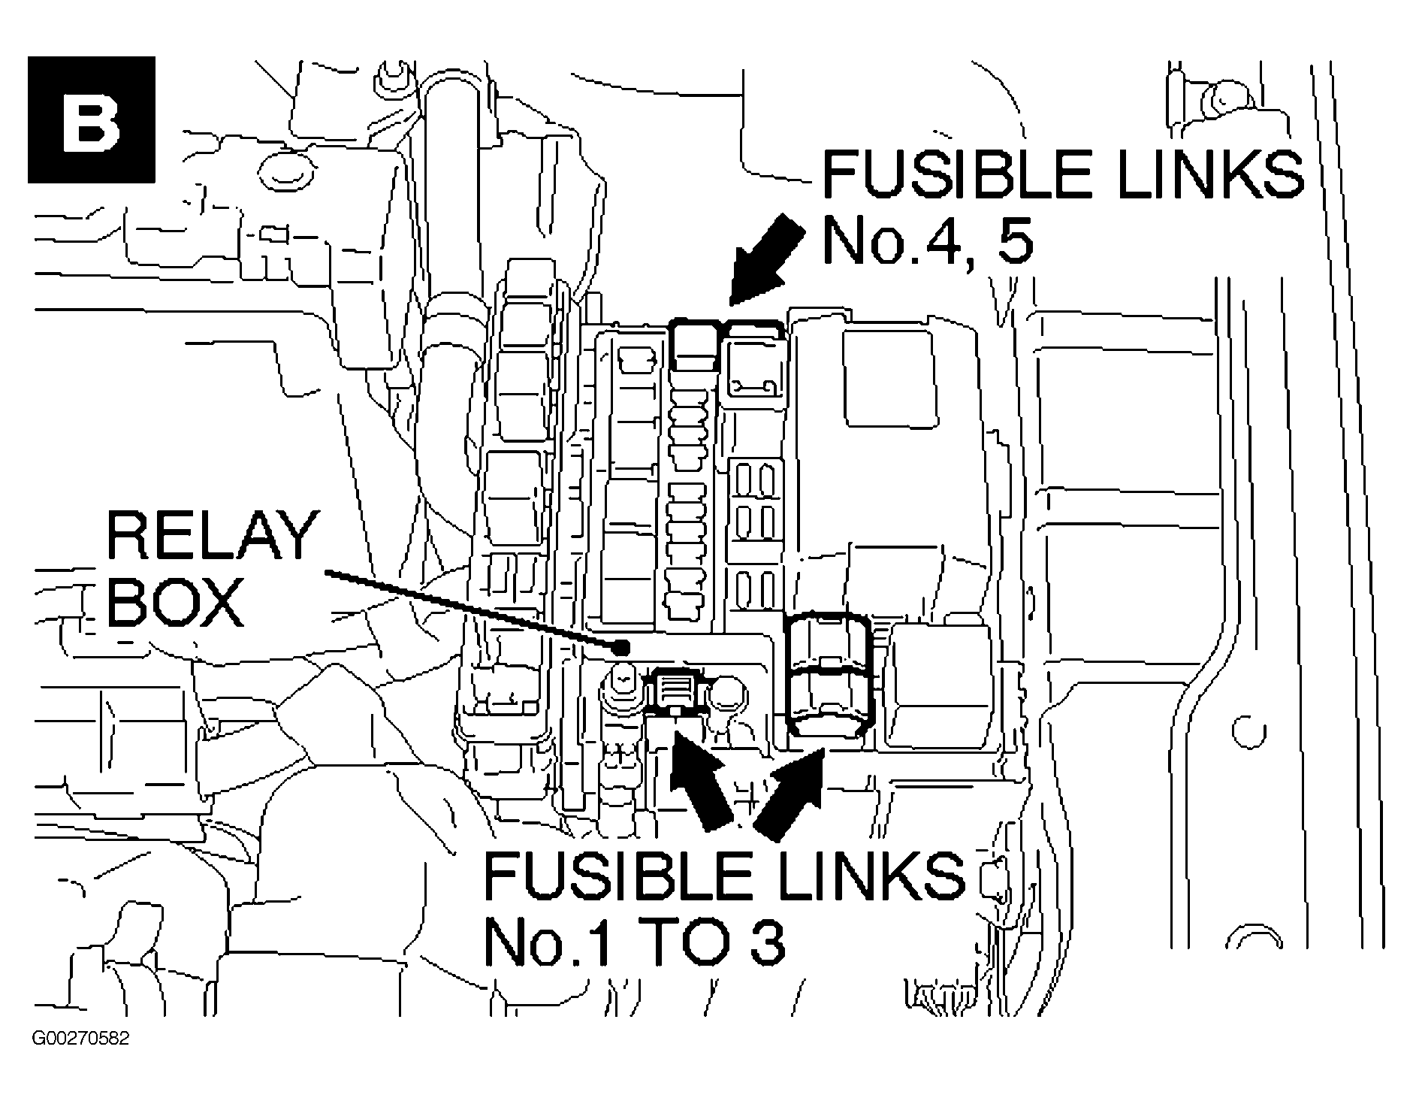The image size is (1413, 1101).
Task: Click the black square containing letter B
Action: point(92,119)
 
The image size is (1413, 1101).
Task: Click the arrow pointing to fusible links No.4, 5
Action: point(764,260)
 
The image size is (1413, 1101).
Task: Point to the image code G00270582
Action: point(80,1039)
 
